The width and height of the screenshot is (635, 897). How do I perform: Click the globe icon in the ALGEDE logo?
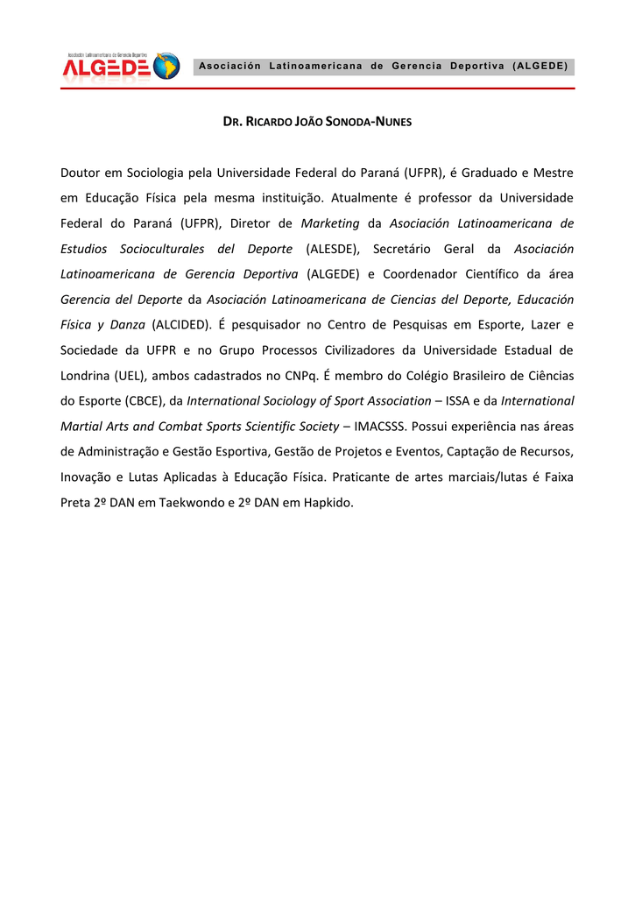click(166, 67)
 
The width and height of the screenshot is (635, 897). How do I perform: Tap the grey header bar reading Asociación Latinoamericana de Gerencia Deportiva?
click(383, 67)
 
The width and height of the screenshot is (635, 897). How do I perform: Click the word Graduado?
click(494, 173)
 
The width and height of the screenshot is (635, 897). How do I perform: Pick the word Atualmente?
click(362, 198)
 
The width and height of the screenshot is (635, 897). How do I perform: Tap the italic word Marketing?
click(330, 223)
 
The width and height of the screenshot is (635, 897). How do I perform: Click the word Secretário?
click(409, 249)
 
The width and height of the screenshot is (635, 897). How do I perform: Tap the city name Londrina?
click(85, 376)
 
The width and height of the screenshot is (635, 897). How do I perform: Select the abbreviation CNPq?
click(302, 376)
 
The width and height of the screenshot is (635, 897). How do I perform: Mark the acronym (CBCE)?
click(138, 401)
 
